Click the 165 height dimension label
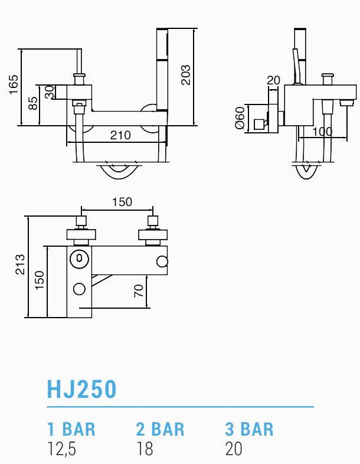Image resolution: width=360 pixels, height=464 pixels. pos(13,84)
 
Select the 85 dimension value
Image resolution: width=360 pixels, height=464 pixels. pos(34,103)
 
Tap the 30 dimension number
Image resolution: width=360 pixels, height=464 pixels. pos(50,92)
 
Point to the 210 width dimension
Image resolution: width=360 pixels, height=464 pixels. pos(120,135)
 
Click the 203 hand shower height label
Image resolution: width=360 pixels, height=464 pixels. pos(186,75)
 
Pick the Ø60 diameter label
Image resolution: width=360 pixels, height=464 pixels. pos(240,117)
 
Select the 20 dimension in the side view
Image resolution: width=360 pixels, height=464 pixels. pos(273,80)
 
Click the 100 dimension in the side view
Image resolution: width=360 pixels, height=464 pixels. pos(322,132)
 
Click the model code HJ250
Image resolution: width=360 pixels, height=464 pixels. pos(82,389)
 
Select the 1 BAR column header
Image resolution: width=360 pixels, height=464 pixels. pos(71,429)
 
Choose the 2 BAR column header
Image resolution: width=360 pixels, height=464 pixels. pos(161,429)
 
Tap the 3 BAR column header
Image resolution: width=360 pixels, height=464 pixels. pos(250,429)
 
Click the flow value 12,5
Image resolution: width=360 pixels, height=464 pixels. pos(62,449)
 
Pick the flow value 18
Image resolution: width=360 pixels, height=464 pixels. pos(145,449)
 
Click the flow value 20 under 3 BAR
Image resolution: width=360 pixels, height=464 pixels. pos(234,449)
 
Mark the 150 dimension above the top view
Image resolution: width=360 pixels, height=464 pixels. pos(122,202)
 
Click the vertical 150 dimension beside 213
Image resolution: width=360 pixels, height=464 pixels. pos(39,280)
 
